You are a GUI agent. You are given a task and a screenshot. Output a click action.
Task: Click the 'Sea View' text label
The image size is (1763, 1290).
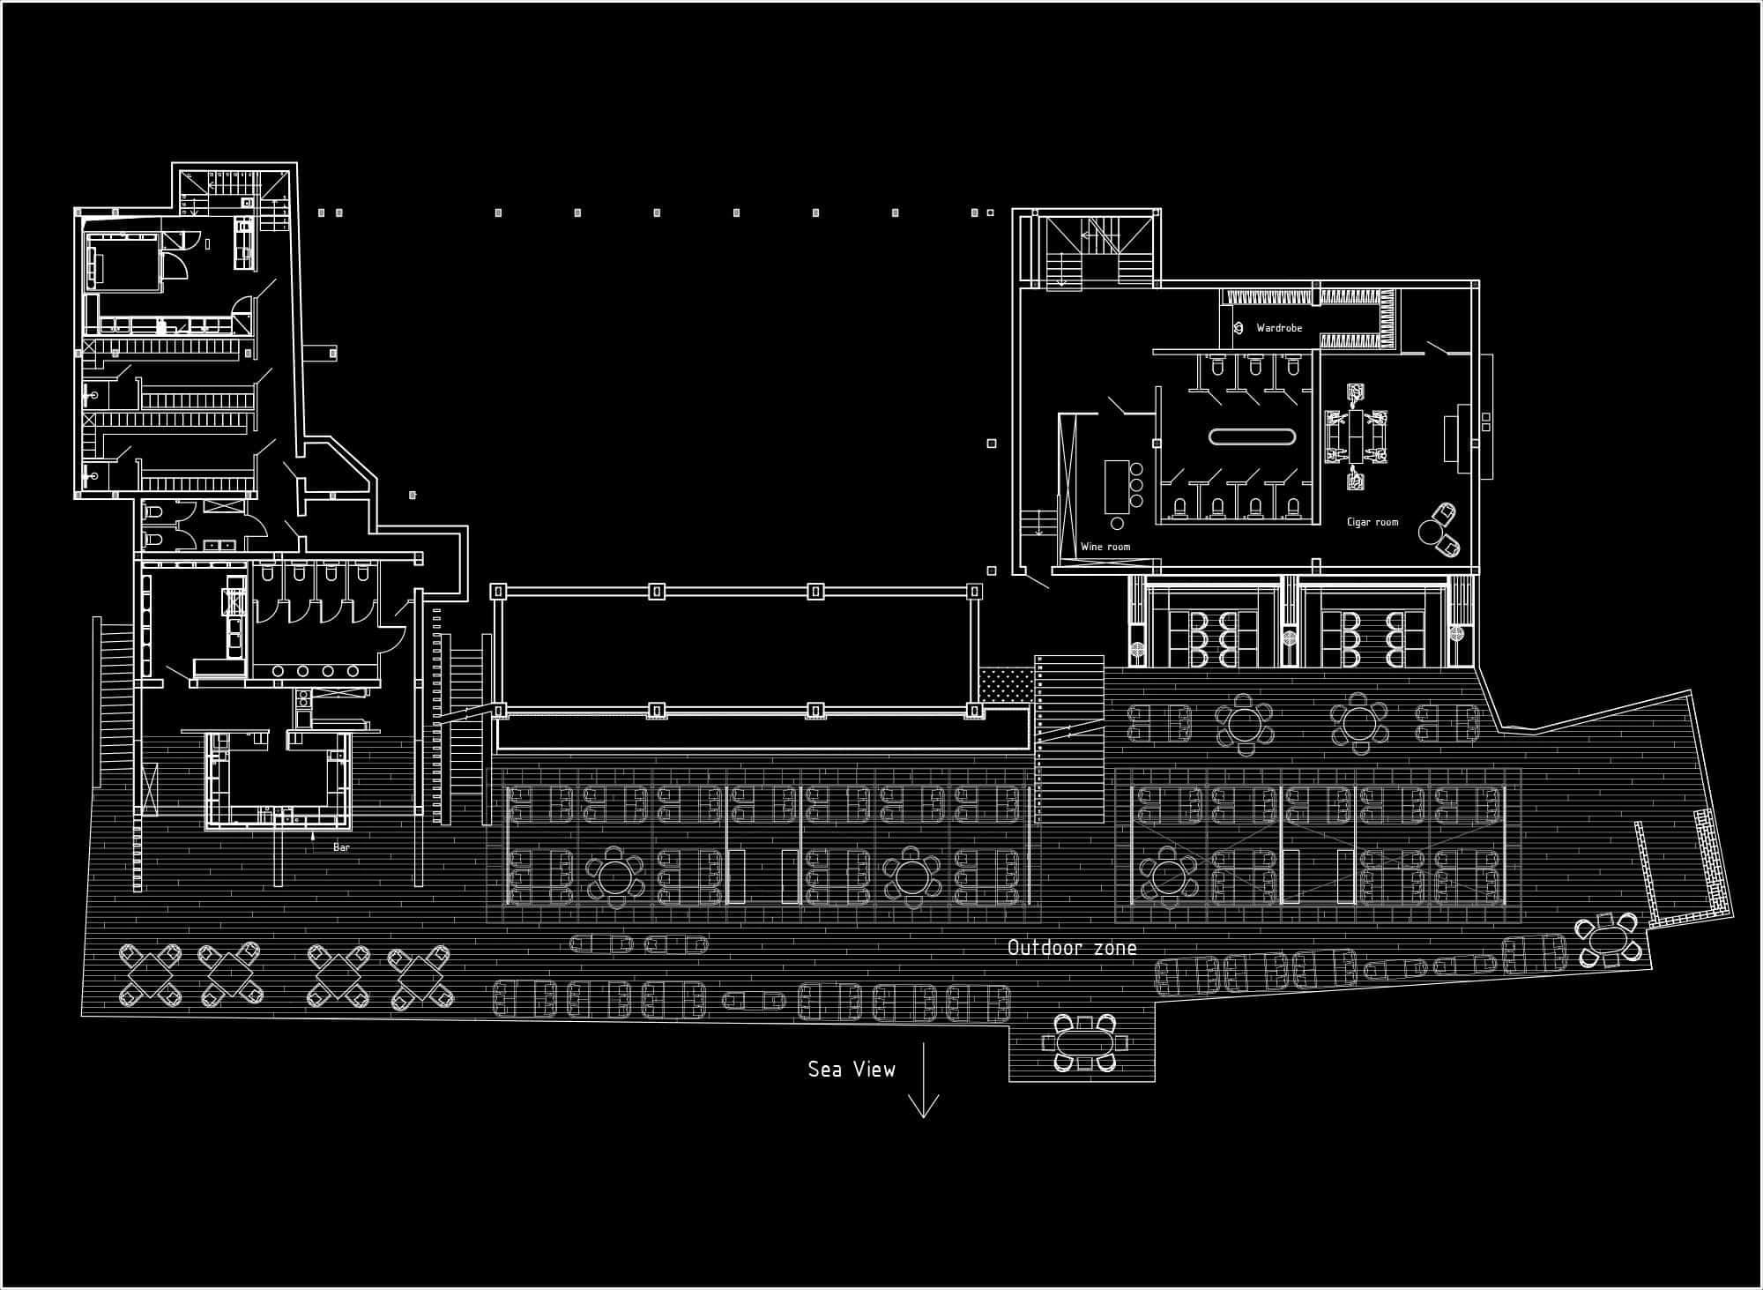click(x=852, y=1070)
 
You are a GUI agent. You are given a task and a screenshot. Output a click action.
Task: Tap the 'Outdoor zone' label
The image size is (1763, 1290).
click(x=1072, y=948)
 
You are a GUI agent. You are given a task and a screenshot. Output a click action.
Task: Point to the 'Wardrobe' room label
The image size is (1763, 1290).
click(x=1279, y=328)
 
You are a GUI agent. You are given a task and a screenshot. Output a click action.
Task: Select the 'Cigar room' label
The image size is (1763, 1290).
click(x=1372, y=522)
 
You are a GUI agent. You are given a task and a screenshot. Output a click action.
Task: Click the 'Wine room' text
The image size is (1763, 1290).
click(x=1105, y=547)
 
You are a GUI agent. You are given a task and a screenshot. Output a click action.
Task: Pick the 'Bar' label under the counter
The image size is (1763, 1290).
click(x=341, y=847)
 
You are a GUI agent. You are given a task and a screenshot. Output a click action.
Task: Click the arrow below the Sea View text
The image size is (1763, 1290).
click(x=923, y=1080)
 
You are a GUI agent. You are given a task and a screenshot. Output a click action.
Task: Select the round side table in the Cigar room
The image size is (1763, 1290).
click(x=1429, y=531)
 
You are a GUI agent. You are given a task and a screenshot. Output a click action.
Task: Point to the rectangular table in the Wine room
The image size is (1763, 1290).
click(x=1117, y=487)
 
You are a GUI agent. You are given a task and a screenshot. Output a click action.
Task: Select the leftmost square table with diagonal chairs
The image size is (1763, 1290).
click(x=151, y=975)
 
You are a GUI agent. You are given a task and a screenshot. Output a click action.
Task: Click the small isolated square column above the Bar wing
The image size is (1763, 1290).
click(x=412, y=496)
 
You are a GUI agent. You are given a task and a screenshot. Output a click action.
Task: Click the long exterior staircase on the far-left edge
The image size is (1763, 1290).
click(x=114, y=702)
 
